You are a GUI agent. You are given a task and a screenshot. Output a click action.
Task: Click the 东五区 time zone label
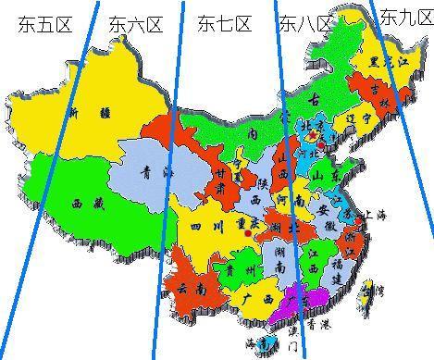(x=43, y=25)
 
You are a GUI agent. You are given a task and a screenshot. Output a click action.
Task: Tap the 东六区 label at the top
(x=135, y=25)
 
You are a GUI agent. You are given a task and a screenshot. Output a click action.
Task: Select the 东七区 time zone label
(x=224, y=24)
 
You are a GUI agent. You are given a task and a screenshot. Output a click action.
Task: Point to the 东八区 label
(x=305, y=24)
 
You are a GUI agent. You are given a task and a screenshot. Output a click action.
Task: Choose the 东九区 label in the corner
(x=405, y=17)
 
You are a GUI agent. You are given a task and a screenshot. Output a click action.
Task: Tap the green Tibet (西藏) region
(x=79, y=201)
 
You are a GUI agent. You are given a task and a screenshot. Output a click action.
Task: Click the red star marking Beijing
(x=313, y=134)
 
